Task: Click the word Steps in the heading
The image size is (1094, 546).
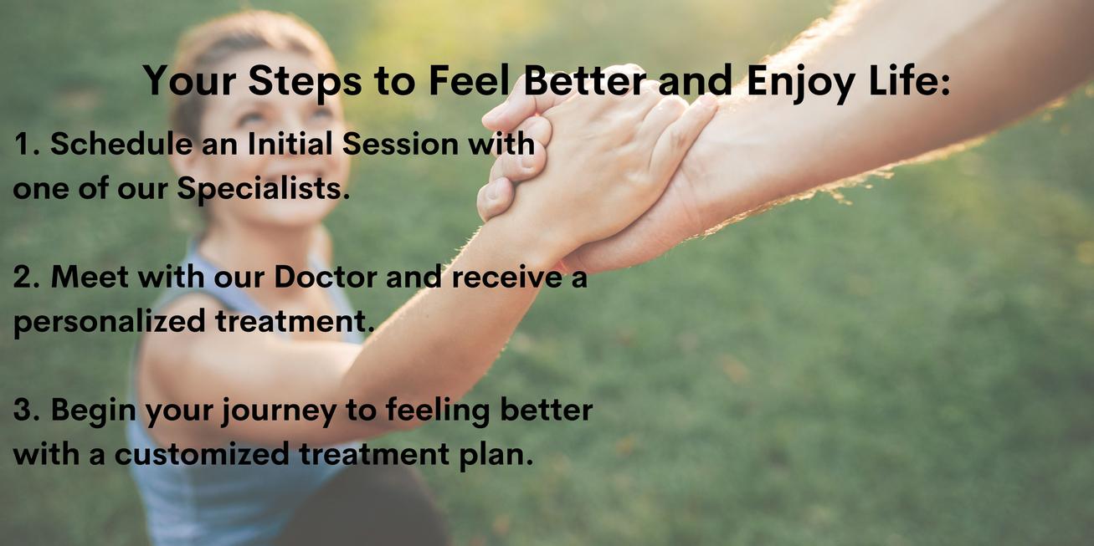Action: click(305, 81)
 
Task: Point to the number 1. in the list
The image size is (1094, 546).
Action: click(27, 144)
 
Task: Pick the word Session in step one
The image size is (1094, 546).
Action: click(400, 144)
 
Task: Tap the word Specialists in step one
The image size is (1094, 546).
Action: click(264, 189)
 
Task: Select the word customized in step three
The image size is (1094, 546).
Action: click(202, 455)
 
